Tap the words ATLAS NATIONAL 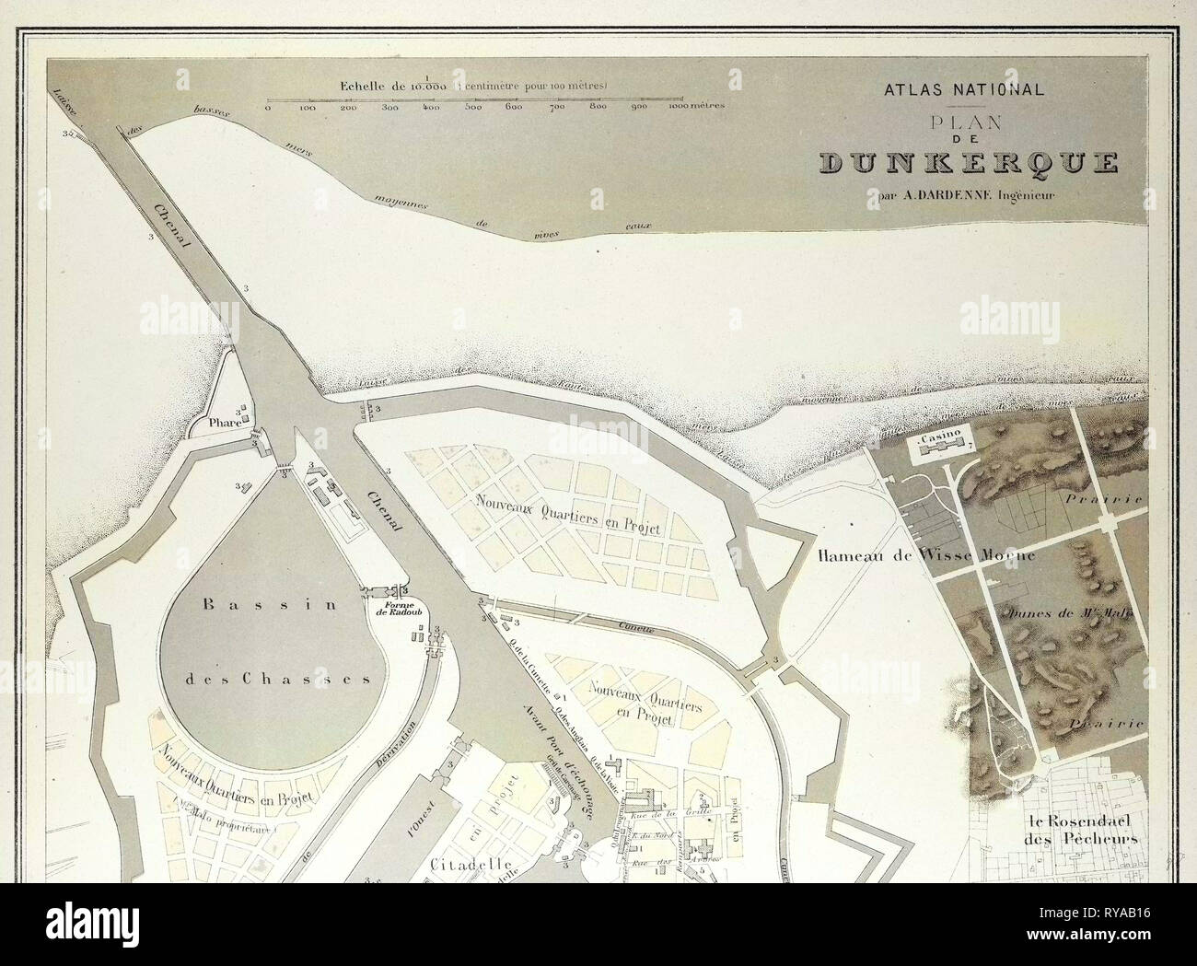tap(963, 90)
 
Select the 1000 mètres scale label tap(696, 105)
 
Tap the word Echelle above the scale tap(367, 86)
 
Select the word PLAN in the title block tap(963, 121)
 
